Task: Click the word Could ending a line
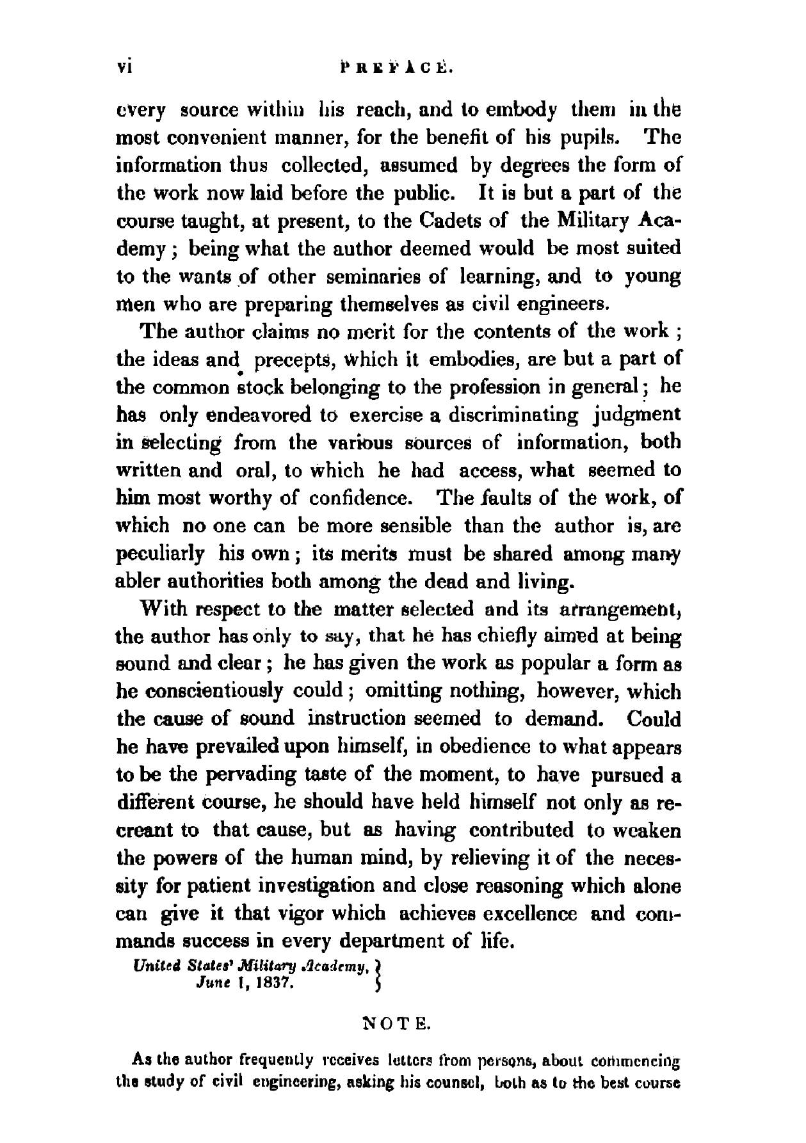tap(653, 719)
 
